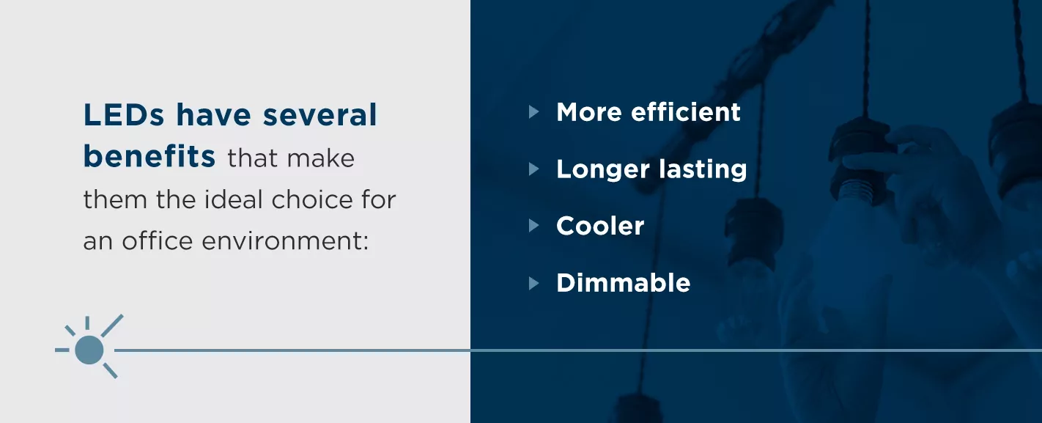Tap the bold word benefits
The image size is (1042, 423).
(149, 157)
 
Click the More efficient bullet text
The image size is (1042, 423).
(649, 112)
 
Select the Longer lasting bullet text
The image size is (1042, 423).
(651, 169)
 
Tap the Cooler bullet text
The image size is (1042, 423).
(600, 226)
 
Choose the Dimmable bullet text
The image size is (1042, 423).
(623, 283)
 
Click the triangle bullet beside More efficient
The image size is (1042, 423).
(533, 112)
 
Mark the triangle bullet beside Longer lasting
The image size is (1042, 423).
(533, 169)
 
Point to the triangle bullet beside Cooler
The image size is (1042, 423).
(533, 226)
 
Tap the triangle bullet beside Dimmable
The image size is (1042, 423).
(533, 283)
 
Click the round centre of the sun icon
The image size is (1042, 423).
(89, 350)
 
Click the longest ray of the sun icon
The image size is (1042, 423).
(112, 325)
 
